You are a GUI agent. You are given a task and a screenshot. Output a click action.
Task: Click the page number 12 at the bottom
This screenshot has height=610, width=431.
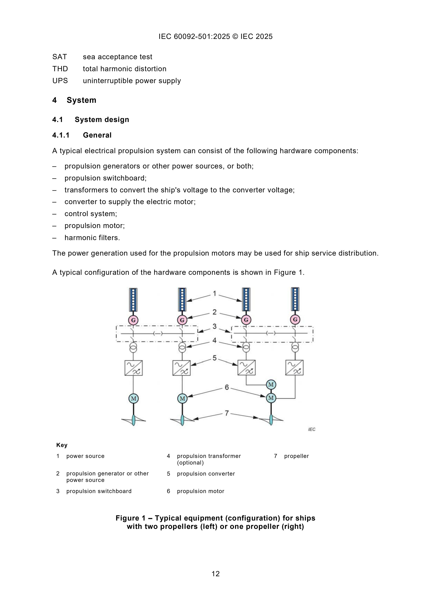(x=215, y=574)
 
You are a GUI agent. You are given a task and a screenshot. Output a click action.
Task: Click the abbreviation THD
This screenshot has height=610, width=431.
(x=60, y=69)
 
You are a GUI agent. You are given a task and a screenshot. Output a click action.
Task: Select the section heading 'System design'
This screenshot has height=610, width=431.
(x=102, y=120)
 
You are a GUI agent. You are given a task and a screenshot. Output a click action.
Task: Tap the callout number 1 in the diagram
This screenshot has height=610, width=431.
(x=215, y=294)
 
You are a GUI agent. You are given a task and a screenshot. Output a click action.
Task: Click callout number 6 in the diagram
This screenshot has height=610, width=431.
(x=227, y=387)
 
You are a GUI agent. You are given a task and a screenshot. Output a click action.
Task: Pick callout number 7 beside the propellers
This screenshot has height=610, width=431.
(x=227, y=413)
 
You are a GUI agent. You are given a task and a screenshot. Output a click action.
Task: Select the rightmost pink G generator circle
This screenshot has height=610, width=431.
(x=295, y=319)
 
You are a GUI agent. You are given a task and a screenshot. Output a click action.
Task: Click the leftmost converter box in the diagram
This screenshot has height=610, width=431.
(x=134, y=368)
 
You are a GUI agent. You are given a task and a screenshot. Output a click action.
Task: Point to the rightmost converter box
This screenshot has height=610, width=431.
(x=294, y=367)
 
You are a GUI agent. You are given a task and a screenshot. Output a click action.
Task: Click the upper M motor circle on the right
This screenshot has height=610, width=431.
(x=271, y=384)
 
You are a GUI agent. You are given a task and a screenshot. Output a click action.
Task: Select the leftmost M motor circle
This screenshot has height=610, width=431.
(x=134, y=398)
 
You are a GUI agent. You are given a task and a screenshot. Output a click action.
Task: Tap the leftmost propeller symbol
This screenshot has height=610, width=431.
(x=134, y=420)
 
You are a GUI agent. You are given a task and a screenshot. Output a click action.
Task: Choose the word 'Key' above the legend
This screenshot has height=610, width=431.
(x=62, y=445)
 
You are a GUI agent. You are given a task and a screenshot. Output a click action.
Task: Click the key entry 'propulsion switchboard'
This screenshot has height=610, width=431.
(x=99, y=491)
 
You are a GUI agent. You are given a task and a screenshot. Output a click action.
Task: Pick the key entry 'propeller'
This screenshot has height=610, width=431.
(x=296, y=456)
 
